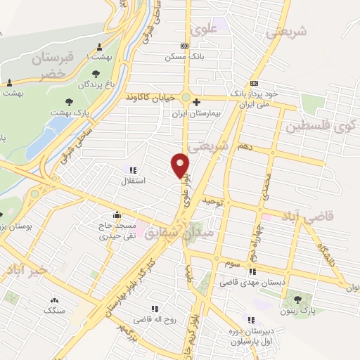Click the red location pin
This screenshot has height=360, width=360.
click(181, 165)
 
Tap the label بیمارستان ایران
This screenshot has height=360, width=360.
click(195, 112)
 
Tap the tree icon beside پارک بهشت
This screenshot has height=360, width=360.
click(69, 103)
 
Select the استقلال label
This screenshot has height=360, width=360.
click(134, 181)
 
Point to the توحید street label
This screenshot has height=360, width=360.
click(212, 202)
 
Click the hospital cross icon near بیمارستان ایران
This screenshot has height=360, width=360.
click(198, 101)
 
